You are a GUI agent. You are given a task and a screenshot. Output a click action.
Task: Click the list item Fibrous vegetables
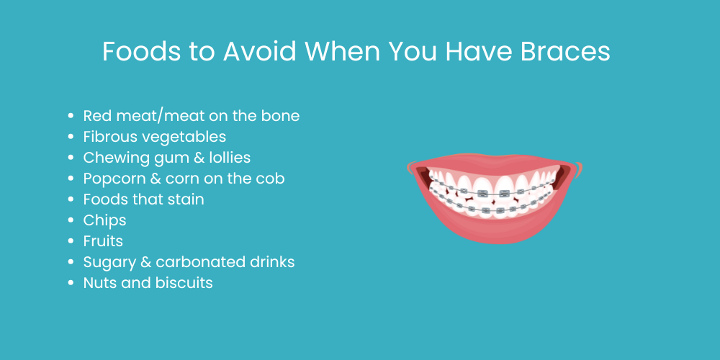154,137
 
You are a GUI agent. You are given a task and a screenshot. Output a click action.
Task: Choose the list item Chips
104,220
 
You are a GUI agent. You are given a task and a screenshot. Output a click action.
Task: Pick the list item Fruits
103,241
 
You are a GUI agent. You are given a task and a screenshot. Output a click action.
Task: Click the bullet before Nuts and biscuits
71,284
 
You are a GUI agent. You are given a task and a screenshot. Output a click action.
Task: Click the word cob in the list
271,179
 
